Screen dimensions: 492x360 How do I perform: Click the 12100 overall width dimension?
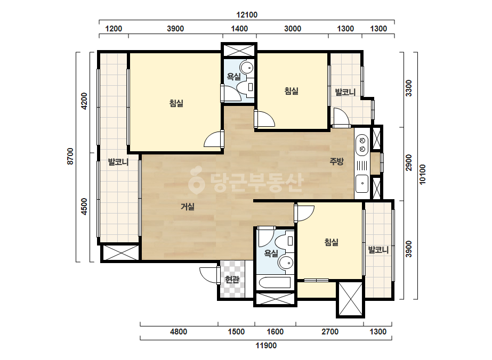(x=247, y=15)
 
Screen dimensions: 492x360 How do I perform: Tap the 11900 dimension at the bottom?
(x=266, y=346)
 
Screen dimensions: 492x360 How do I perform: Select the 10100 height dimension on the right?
(x=423, y=174)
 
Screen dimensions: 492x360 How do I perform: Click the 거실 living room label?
(x=187, y=206)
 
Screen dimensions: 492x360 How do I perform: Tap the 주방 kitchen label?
(x=336, y=161)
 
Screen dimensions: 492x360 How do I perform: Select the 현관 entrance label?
(x=232, y=279)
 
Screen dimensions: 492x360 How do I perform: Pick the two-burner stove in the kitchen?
(x=362, y=144)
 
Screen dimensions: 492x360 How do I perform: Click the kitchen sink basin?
(x=362, y=183)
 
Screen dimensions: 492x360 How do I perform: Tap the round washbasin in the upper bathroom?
(x=247, y=67)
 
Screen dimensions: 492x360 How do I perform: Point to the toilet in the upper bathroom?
(x=245, y=87)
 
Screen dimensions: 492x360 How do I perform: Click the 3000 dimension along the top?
(x=293, y=29)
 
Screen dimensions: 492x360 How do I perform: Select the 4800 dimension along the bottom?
(x=179, y=331)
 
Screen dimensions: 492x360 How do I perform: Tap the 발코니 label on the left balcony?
(x=118, y=162)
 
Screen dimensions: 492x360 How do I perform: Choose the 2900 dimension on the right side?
(x=408, y=162)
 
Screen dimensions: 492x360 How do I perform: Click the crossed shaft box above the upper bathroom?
(x=239, y=51)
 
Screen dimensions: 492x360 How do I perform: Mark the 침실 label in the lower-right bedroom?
(x=332, y=242)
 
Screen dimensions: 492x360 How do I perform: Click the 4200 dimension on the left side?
(x=84, y=101)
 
